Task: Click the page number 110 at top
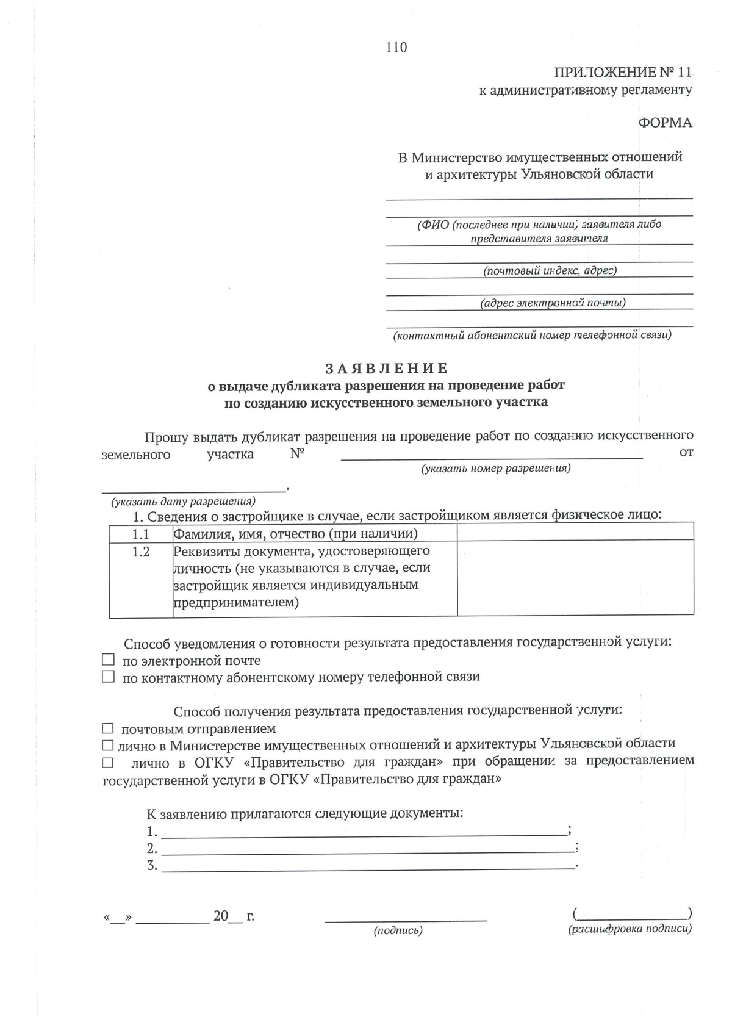point(396,48)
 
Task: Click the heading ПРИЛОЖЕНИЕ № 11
point(622,73)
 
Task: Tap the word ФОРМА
point(665,123)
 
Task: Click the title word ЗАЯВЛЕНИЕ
point(386,369)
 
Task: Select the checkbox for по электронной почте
point(108,660)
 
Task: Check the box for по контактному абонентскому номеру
point(108,676)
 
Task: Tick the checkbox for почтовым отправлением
point(108,728)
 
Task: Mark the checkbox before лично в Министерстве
point(108,745)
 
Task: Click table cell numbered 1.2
point(141,552)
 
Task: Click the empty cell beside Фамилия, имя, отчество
point(575,533)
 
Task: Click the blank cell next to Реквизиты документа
point(575,577)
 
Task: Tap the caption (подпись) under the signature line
point(398,930)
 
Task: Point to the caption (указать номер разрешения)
point(495,469)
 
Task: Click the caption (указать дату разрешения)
point(182,502)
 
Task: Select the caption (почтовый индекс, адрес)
point(550,270)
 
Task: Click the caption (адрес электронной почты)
point(552,303)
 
